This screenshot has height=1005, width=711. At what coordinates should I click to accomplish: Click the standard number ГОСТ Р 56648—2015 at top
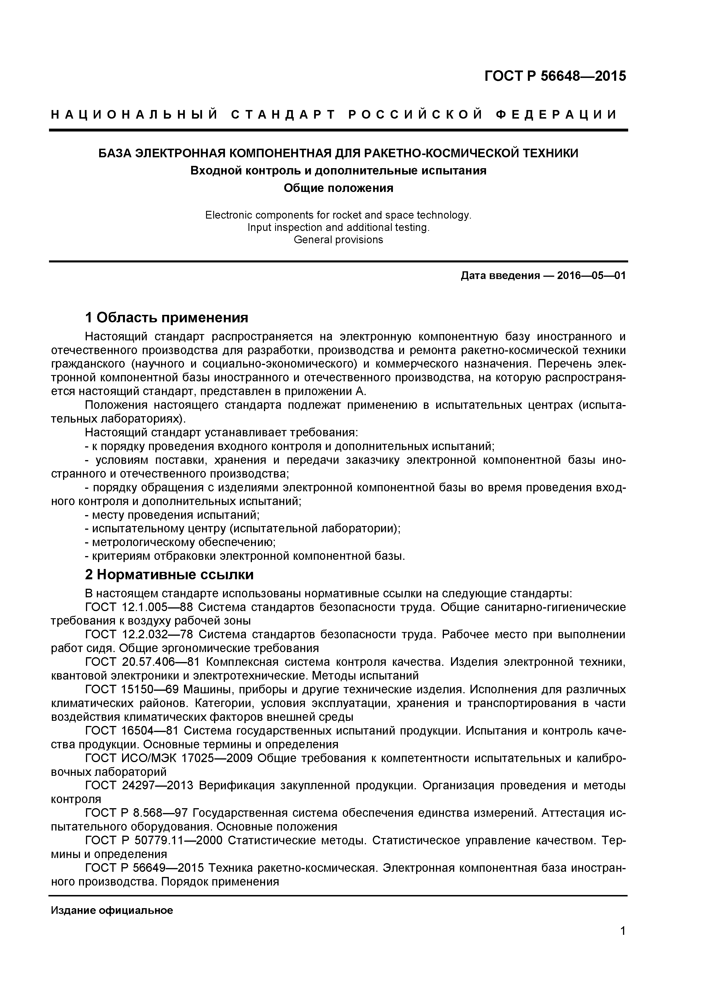tap(555, 76)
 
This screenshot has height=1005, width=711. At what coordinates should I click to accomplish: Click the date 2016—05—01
tap(591, 276)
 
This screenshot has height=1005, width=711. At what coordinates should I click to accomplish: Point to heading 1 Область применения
tap(167, 317)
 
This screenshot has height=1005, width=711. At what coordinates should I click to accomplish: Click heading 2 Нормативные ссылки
tap(169, 574)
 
